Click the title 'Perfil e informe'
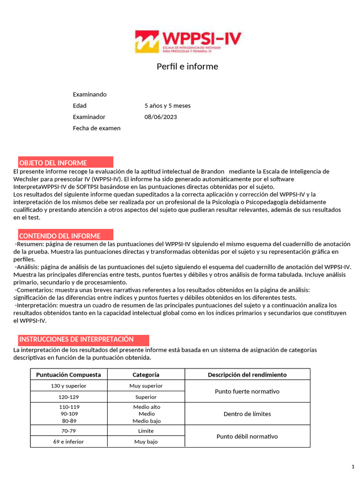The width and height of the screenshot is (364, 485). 187,66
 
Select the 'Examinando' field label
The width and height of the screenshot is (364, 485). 90,94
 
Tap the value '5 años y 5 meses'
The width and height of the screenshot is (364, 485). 167,106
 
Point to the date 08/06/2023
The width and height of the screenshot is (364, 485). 160,117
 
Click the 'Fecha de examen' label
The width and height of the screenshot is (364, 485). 97,128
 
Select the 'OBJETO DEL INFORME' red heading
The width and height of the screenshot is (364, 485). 53,163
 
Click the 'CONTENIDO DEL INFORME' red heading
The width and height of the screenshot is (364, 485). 60,236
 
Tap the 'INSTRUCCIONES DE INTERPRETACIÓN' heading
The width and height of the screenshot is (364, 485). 76,340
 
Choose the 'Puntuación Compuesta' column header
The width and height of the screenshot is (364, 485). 69,375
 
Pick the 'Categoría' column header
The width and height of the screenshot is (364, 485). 146,375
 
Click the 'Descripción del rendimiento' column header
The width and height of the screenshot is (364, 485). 247,375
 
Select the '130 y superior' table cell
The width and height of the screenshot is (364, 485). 69,386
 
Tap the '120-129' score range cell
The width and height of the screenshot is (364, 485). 69,397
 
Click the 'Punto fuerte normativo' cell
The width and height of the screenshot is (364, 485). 247,391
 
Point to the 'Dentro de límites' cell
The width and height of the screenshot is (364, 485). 247,414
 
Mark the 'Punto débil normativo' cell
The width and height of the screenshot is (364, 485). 247,436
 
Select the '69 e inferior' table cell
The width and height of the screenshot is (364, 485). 69,442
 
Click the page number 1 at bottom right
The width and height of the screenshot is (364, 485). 353,467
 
